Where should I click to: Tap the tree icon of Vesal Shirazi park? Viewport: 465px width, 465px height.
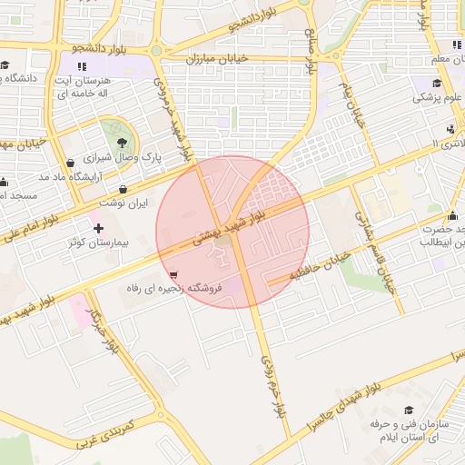pos(122,140)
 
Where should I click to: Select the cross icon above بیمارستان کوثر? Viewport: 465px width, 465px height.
pos(98,227)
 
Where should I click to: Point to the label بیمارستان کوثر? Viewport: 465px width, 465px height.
pos(99,243)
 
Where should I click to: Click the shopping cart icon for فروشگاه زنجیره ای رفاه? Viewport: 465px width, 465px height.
pos(173,273)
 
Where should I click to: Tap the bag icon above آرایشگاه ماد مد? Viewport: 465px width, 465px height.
pos(71,163)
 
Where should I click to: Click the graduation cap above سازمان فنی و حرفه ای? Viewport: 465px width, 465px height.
pos(408,410)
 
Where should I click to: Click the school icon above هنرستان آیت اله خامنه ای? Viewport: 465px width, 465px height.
pos(83,66)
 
